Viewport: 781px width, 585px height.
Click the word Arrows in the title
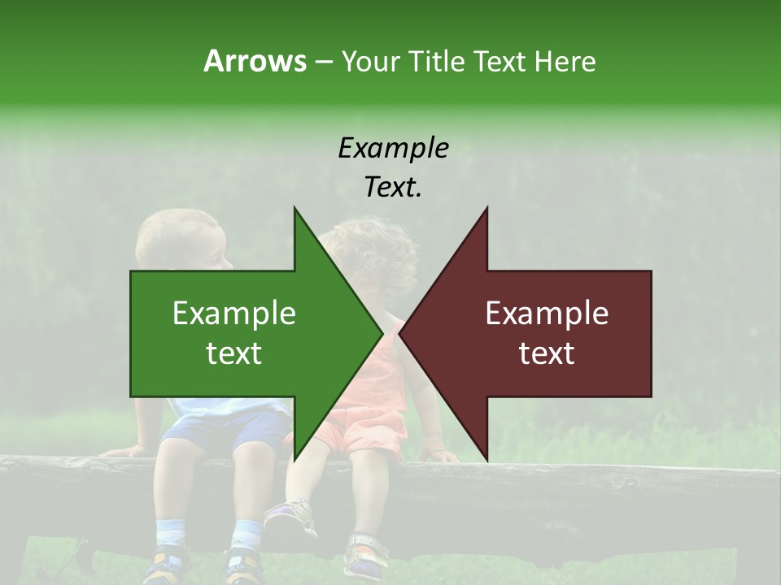coord(255,61)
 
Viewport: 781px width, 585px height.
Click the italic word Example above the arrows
coord(393,148)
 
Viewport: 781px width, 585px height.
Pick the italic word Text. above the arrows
coord(393,187)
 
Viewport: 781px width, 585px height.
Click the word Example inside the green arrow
coord(234,313)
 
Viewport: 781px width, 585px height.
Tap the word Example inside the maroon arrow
coord(547,313)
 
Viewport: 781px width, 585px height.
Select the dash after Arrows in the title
coord(322,63)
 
